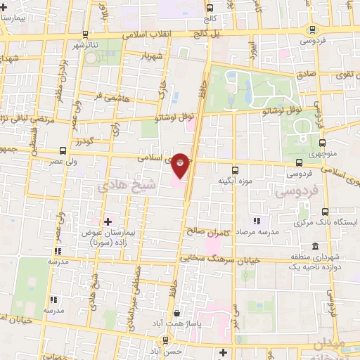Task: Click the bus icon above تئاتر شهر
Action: point(85,34)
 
